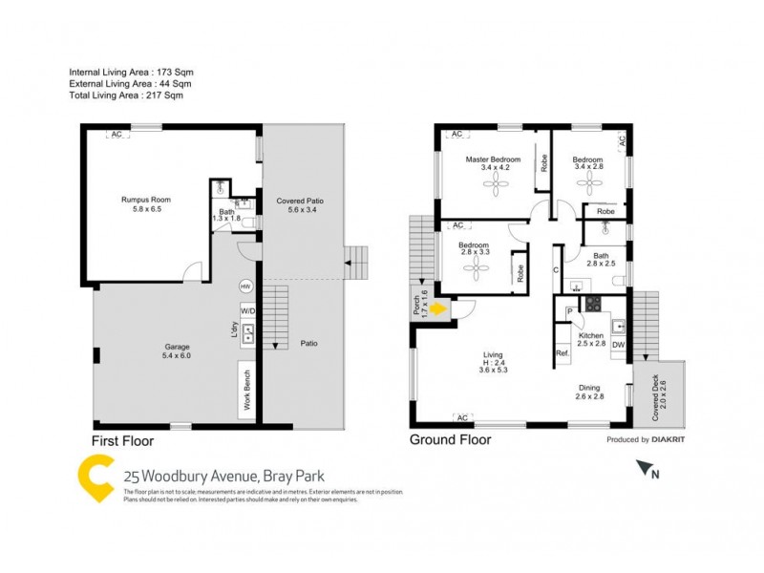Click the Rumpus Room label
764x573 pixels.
coord(140,199)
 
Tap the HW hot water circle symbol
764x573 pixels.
coord(245,286)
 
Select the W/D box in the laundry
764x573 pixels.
coord(247,310)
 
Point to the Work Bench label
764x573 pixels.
coord(246,390)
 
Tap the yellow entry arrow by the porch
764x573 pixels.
coord(437,308)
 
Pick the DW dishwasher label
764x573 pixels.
coord(619,345)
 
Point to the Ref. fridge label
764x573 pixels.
coord(562,353)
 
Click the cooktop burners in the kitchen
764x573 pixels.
coord(592,305)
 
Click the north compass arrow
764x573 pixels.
coord(649,468)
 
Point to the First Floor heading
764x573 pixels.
coord(122,441)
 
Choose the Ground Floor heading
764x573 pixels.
coord(450,440)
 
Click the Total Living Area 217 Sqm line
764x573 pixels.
coord(126,95)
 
